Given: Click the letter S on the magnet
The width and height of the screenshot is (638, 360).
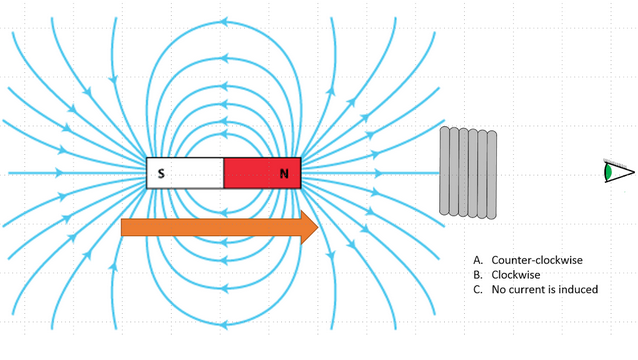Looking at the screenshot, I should (x=161, y=174).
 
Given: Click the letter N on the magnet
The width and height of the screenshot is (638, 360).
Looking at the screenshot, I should (x=284, y=174).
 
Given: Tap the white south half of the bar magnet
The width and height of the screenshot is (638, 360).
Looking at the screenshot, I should (x=185, y=173).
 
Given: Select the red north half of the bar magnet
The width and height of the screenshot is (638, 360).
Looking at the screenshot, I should (x=261, y=173).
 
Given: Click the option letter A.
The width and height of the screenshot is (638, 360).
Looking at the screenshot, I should (x=479, y=260).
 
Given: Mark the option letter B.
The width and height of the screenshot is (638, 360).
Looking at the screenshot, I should (x=479, y=274).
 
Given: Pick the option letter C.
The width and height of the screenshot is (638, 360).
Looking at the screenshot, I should (x=479, y=289).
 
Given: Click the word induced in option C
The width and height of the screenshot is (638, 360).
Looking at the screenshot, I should (x=577, y=289).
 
